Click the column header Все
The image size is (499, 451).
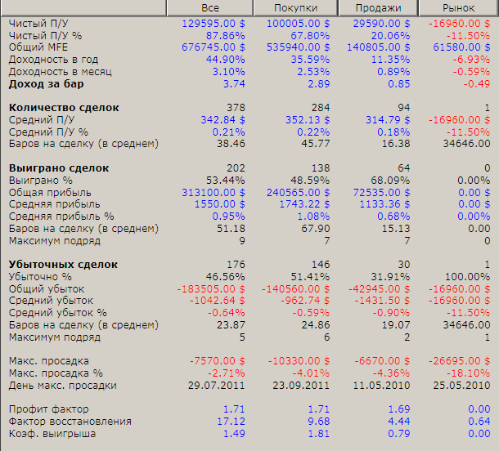(210, 7)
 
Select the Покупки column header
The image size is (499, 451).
(295, 7)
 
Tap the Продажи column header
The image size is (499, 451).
(378, 7)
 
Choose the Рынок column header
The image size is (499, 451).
(458, 7)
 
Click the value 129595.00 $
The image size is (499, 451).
(214, 24)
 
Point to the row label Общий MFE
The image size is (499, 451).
(38, 47)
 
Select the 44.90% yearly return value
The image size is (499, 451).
(225, 60)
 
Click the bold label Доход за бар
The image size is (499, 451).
(47, 84)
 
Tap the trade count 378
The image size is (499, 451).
(236, 108)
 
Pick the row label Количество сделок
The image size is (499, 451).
(64, 108)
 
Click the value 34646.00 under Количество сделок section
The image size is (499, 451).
(466, 144)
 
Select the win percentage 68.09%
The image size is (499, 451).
(390, 181)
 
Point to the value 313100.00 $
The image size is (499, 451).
(214, 193)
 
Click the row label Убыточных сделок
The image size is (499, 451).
(63, 265)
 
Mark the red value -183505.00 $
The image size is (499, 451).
(211, 289)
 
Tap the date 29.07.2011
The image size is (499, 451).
(217, 386)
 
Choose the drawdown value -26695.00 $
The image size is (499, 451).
(459, 361)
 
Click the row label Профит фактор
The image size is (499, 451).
(49, 409)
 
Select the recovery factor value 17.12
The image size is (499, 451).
(231, 422)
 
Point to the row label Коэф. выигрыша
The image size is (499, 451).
(52, 434)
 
